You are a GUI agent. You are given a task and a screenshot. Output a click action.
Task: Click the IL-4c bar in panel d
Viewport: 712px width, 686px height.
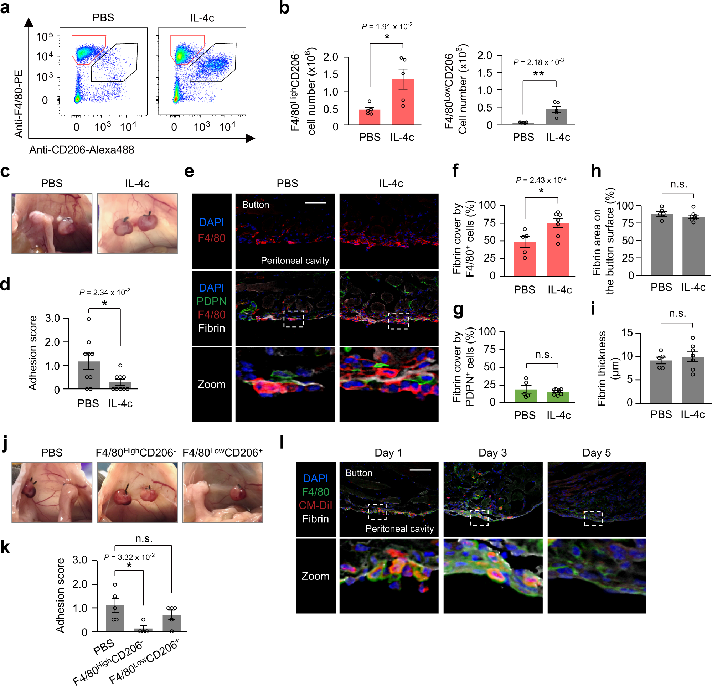click(x=120, y=385)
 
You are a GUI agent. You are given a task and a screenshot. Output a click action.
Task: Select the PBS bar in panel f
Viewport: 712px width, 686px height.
click(x=525, y=259)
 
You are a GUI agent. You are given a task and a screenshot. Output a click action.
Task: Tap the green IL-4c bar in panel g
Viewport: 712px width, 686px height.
click(x=558, y=396)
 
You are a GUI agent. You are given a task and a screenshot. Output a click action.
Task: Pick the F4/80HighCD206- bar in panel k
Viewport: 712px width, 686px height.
click(x=143, y=630)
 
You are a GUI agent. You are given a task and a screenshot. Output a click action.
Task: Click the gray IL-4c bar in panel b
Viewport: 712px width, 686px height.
click(x=556, y=117)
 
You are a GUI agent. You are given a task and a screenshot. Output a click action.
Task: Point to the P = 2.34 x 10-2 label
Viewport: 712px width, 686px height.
click(x=105, y=292)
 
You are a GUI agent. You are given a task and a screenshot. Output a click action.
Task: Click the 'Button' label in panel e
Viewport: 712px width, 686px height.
click(x=256, y=205)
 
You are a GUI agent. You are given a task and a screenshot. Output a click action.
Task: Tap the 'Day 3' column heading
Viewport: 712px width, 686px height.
click(x=492, y=453)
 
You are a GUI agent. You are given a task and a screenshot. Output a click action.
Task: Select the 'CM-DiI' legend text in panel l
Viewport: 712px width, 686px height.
click(x=315, y=505)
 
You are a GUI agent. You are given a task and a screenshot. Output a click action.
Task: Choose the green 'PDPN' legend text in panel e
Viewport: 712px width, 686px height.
click(x=211, y=301)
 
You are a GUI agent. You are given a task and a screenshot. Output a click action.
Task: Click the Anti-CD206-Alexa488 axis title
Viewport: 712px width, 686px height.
click(x=82, y=150)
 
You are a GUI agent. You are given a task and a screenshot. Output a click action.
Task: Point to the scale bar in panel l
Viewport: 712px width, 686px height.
click(x=420, y=470)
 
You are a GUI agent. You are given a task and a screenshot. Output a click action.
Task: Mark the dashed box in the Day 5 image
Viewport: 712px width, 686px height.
click(x=593, y=519)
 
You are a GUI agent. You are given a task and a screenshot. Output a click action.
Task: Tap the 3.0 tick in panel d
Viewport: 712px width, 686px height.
click(x=52, y=319)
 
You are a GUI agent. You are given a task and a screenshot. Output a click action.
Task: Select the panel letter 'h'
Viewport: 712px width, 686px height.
click(x=596, y=171)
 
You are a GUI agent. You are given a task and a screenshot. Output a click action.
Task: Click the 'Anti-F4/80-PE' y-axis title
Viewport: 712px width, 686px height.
click(x=19, y=104)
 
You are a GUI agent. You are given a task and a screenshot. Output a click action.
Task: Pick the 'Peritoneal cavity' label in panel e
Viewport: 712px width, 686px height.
click(x=295, y=261)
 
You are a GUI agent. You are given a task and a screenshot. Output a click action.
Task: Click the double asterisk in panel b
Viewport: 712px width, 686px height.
click(x=538, y=74)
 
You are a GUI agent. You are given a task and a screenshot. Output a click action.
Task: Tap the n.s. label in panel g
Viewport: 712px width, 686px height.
click(x=543, y=355)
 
